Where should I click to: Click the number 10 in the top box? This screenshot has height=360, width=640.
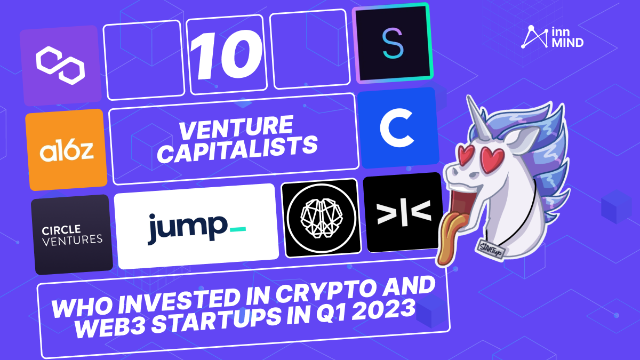tap(226, 54)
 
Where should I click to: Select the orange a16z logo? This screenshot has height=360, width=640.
tap(66, 150)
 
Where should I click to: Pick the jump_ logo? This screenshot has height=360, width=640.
tap(196, 227)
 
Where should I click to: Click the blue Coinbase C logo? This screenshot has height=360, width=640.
tap(398, 129)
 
